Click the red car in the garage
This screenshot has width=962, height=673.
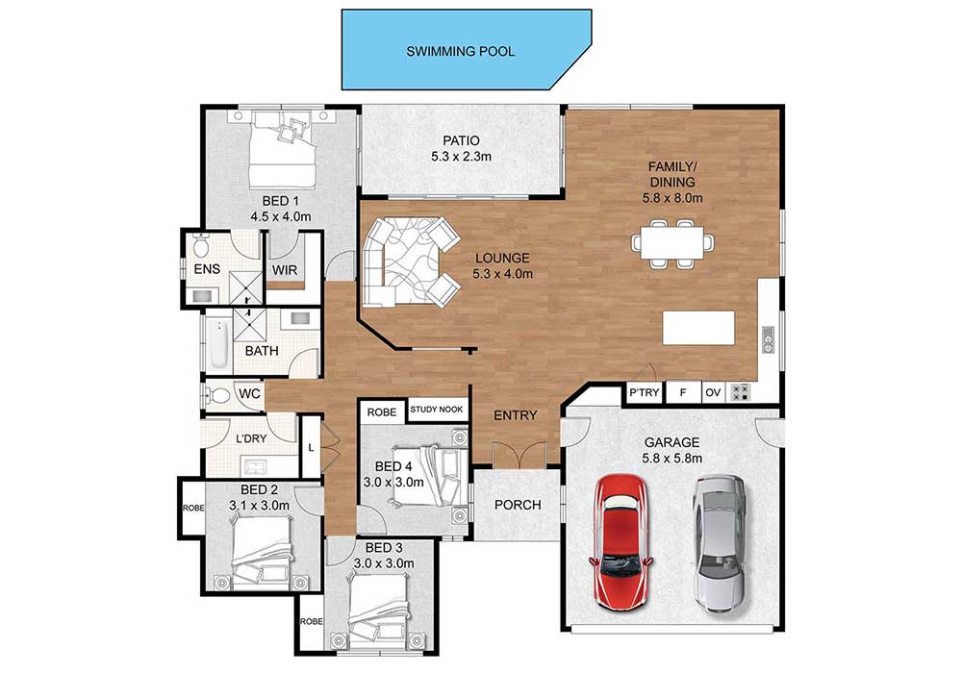pyautogui.click(x=620, y=542)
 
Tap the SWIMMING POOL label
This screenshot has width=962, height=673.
pyautogui.click(x=460, y=52)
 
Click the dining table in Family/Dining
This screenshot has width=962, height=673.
pyautogui.click(x=672, y=242)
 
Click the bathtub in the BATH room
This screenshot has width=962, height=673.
pyautogui.click(x=218, y=344)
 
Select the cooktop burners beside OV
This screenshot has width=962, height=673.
pyautogui.click(x=740, y=391)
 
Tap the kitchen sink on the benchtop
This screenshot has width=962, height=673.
pyautogui.click(x=768, y=340)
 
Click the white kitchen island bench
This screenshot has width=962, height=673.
pyautogui.click(x=698, y=328)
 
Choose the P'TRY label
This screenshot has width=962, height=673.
pyautogui.click(x=645, y=392)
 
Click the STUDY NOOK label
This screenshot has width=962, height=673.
pyautogui.click(x=437, y=410)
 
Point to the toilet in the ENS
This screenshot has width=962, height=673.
pyautogui.click(x=200, y=246)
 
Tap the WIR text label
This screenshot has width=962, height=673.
pyautogui.click(x=285, y=270)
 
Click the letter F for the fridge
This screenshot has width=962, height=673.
pyautogui.click(x=683, y=392)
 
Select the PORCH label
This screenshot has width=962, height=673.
pyautogui.click(x=518, y=505)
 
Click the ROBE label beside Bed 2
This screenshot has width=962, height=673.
pyautogui.click(x=193, y=509)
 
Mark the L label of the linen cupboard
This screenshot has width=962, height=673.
pyautogui.click(x=311, y=448)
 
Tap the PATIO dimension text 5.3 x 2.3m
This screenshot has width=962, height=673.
pyautogui.click(x=462, y=157)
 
